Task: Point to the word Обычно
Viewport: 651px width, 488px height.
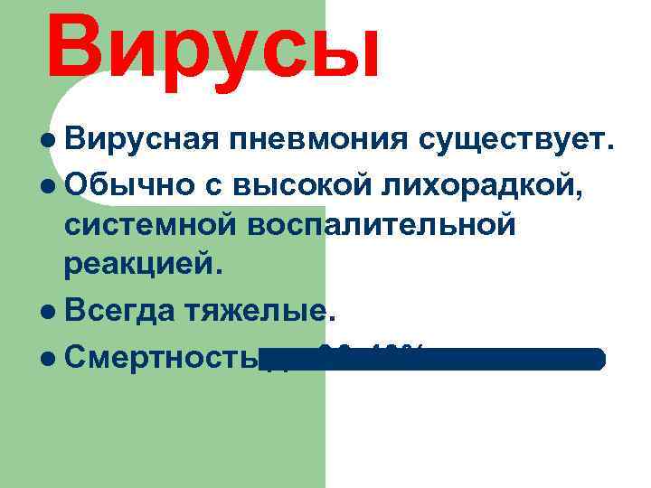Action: (x=127, y=184)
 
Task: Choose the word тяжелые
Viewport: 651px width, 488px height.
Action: (x=254, y=312)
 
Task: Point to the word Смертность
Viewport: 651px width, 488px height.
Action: (x=164, y=357)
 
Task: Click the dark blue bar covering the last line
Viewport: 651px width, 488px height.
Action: (x=452, y=359)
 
